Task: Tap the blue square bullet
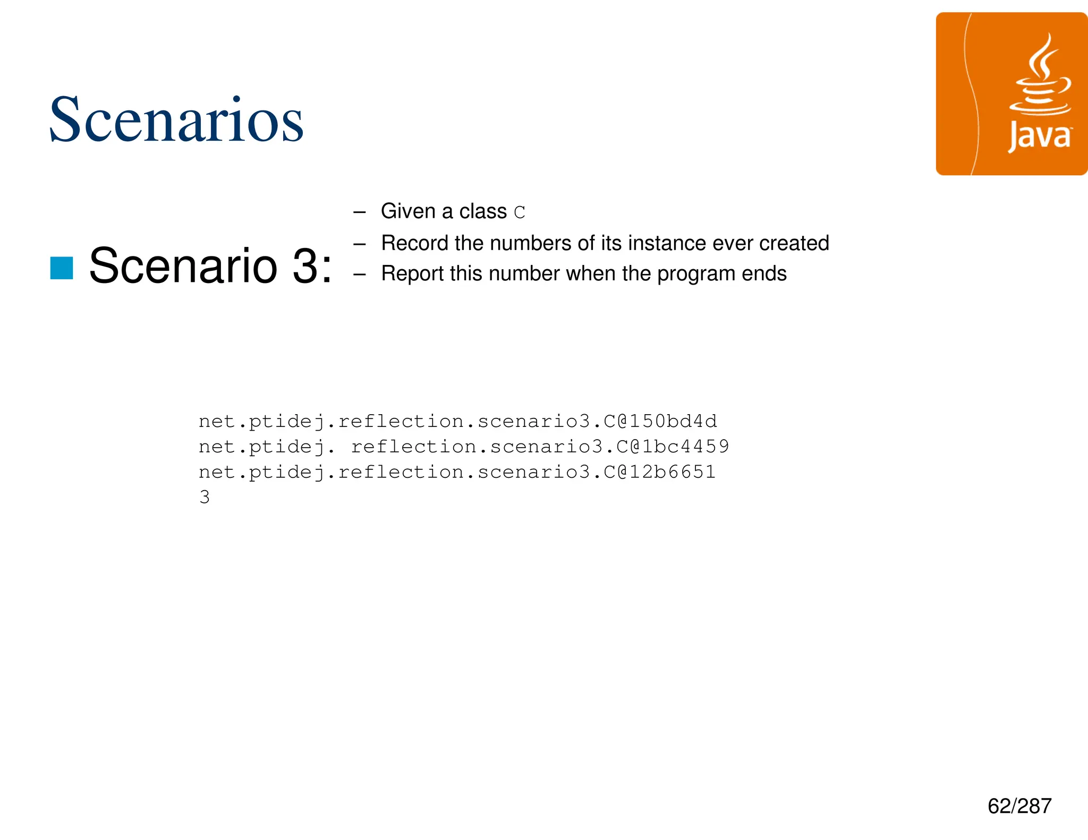pyautogui.click(x=62, y=268)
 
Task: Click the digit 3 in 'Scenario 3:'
pyautogui.click(x=306, y=265)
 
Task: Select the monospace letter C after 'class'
pyautogui.click(x=520, y=212)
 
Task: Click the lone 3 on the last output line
pyautogui.click(x=205, y=498)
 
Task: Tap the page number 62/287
pyautogui.click(x=1019, y=806)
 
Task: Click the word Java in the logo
pyautogui.click(x=1040, y=137)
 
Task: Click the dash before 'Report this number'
pyautogui.click(x=360, y=275)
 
